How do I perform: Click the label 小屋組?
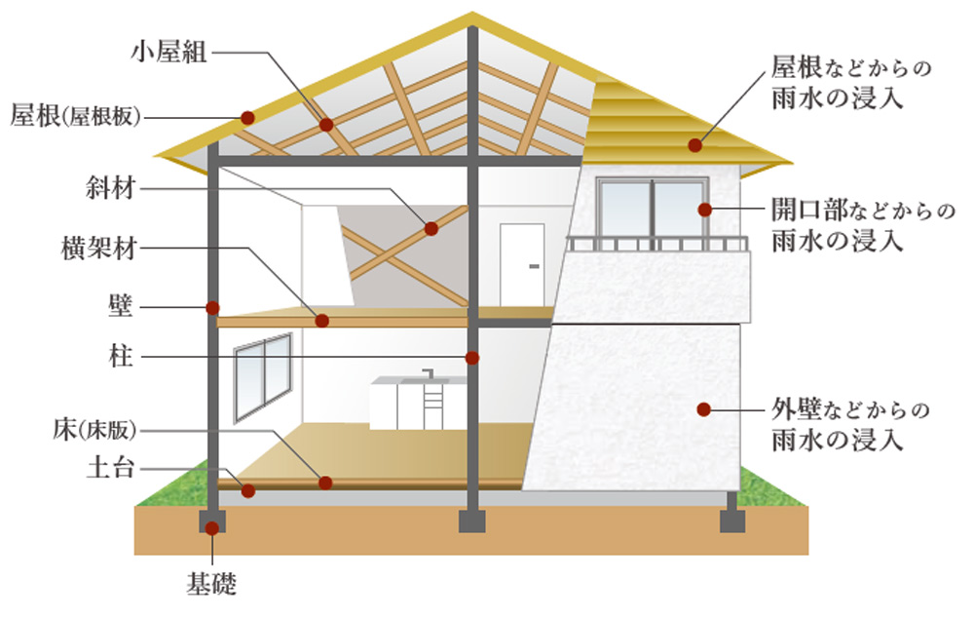coord(169,53)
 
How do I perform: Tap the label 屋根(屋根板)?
coord(76,116)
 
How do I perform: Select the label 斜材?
coord(111,188)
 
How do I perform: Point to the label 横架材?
coord(98,248)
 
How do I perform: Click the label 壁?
coord(121,306)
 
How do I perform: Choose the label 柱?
coord(121,357)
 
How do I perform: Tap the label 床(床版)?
coord(94,430)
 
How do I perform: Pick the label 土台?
coord(111,468)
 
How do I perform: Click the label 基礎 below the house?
coord(211,584)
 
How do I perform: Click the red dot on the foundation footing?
coord(212,528)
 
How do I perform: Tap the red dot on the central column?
coord(472,358)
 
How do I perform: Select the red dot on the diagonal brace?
coord(431,229)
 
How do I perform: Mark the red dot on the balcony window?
coord(704,210)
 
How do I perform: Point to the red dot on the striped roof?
coord(695,145)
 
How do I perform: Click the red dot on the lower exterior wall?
coord(704,409)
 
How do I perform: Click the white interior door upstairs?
coord(522,264)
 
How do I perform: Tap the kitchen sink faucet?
coord(429,373)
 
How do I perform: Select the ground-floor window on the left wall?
coord(263,377)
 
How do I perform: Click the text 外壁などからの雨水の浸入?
coord(850,425)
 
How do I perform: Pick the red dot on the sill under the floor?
coord(247,491)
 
